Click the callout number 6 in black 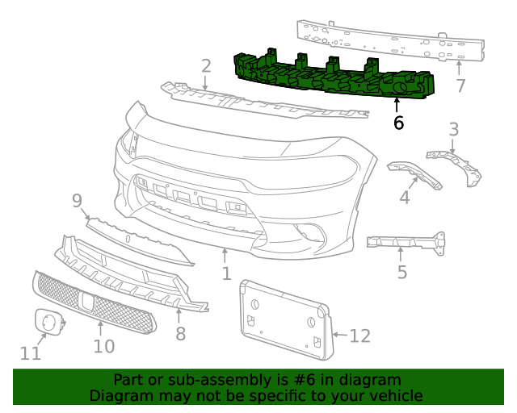(x=398, y=123)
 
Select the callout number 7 (x=460, y=86)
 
